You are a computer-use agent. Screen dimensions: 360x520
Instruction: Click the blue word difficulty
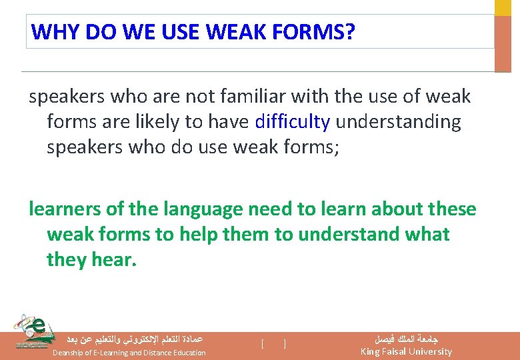point(292,122)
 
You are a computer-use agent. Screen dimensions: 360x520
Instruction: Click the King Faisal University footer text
point(406,351)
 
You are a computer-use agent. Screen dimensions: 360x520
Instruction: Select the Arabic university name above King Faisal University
point(406,338)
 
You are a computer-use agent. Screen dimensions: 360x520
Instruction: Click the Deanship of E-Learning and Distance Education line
point(129,353)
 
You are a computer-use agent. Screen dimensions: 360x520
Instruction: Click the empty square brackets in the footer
point(274,344)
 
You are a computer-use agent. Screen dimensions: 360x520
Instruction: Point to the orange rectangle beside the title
point(502,43)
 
